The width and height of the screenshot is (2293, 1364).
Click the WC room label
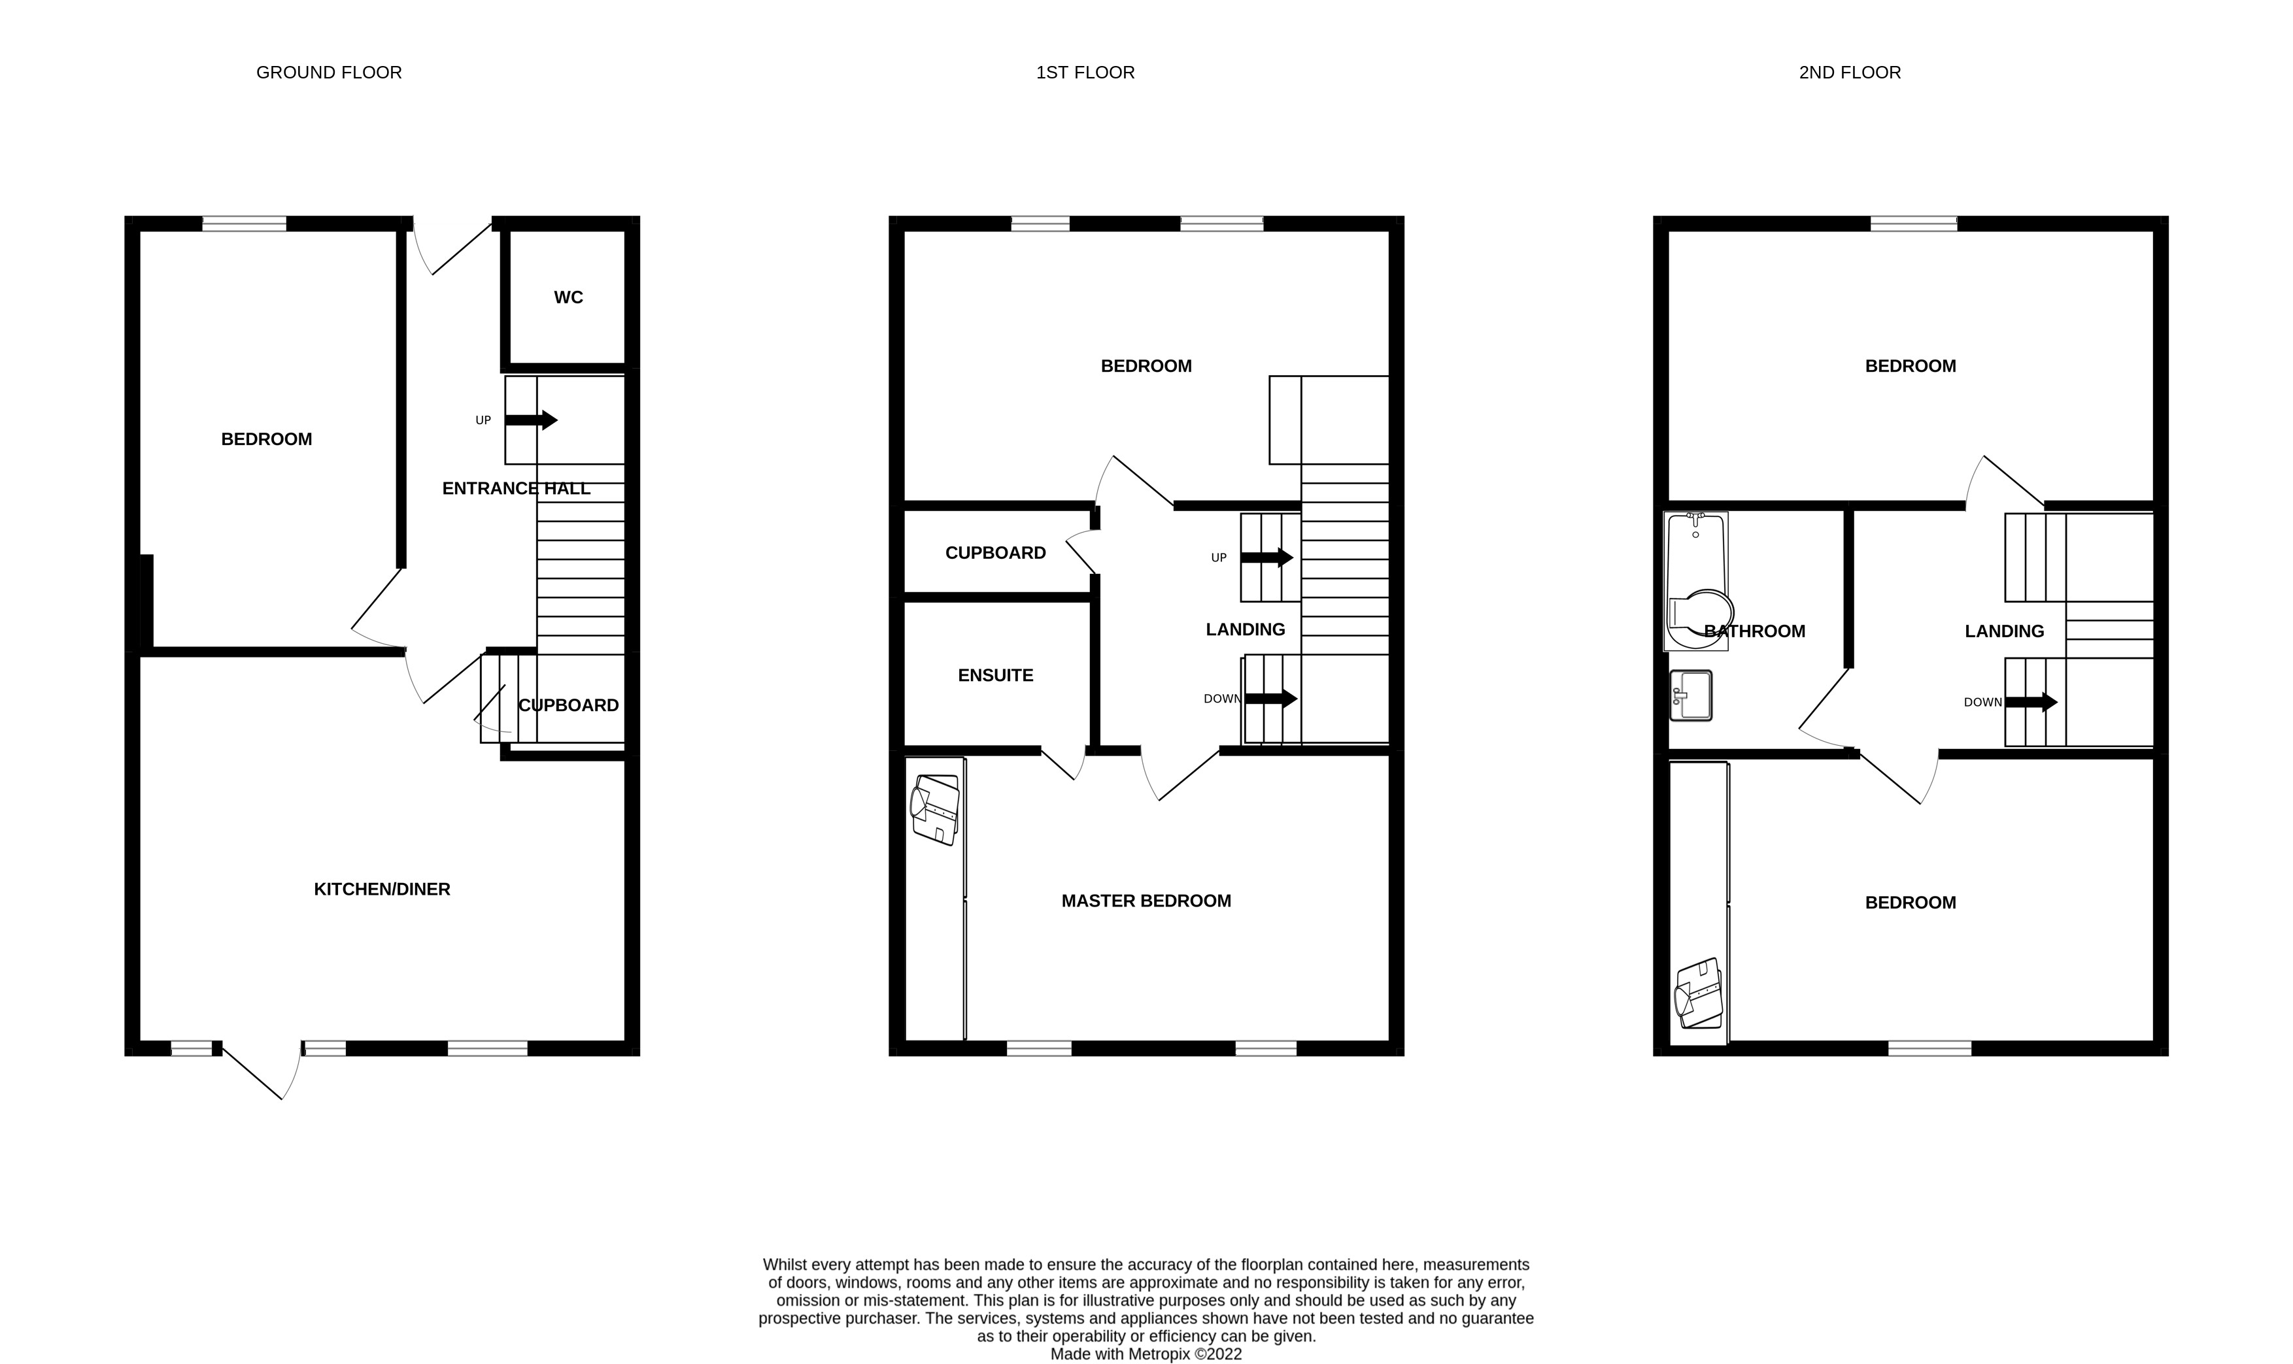coord(568,297)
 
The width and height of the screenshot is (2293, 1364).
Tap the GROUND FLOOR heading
coord(329,73)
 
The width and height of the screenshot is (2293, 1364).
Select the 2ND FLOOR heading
coord(1850,73)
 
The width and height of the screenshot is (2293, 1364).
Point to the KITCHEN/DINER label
coord(382,889)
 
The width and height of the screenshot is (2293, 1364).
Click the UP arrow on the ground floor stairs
coord(532,420)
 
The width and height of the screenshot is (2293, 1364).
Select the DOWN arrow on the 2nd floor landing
coord(2031,702)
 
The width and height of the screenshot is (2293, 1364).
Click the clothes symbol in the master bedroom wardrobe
coord(934,810)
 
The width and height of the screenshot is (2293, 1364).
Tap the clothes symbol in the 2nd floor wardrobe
coord(1698,993)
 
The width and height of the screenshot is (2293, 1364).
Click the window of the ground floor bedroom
coord(244,224)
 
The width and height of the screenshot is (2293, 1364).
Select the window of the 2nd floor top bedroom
coord(1913,224)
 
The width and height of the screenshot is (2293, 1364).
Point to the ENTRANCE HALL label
coord(516,488)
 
